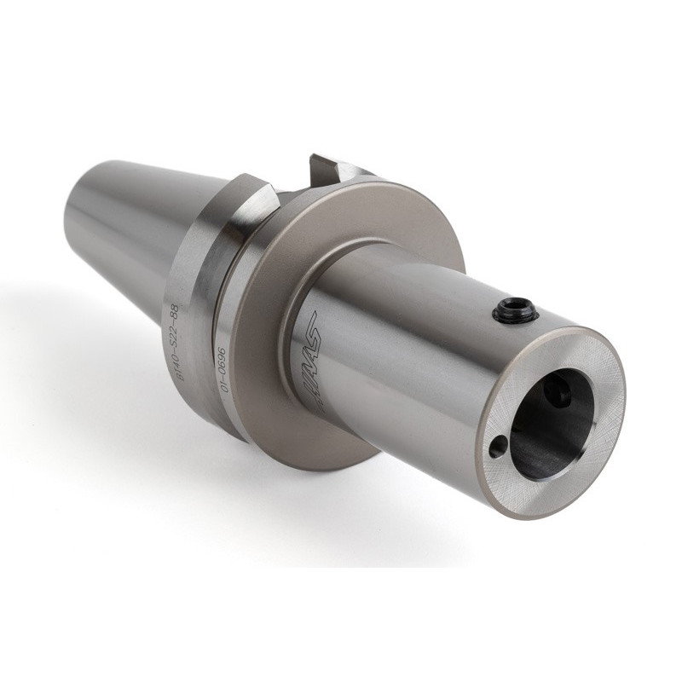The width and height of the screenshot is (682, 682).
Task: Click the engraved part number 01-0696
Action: tap(219, 369)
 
